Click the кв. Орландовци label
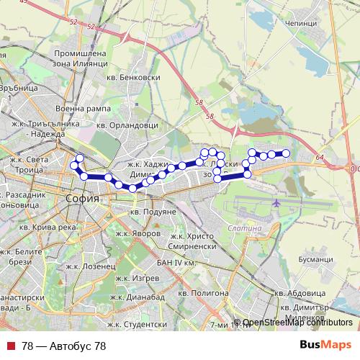tap(127, 124)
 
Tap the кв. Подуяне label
tap(153, 212)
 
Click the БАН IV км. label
tap(176, 263)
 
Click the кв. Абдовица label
tap(301, 293)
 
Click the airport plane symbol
tap(278, 204)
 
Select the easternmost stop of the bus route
tap(286, 153)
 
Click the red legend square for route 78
tap(9, 346)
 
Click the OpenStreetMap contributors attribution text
tap(298, 323)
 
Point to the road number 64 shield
tap(320, 157)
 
